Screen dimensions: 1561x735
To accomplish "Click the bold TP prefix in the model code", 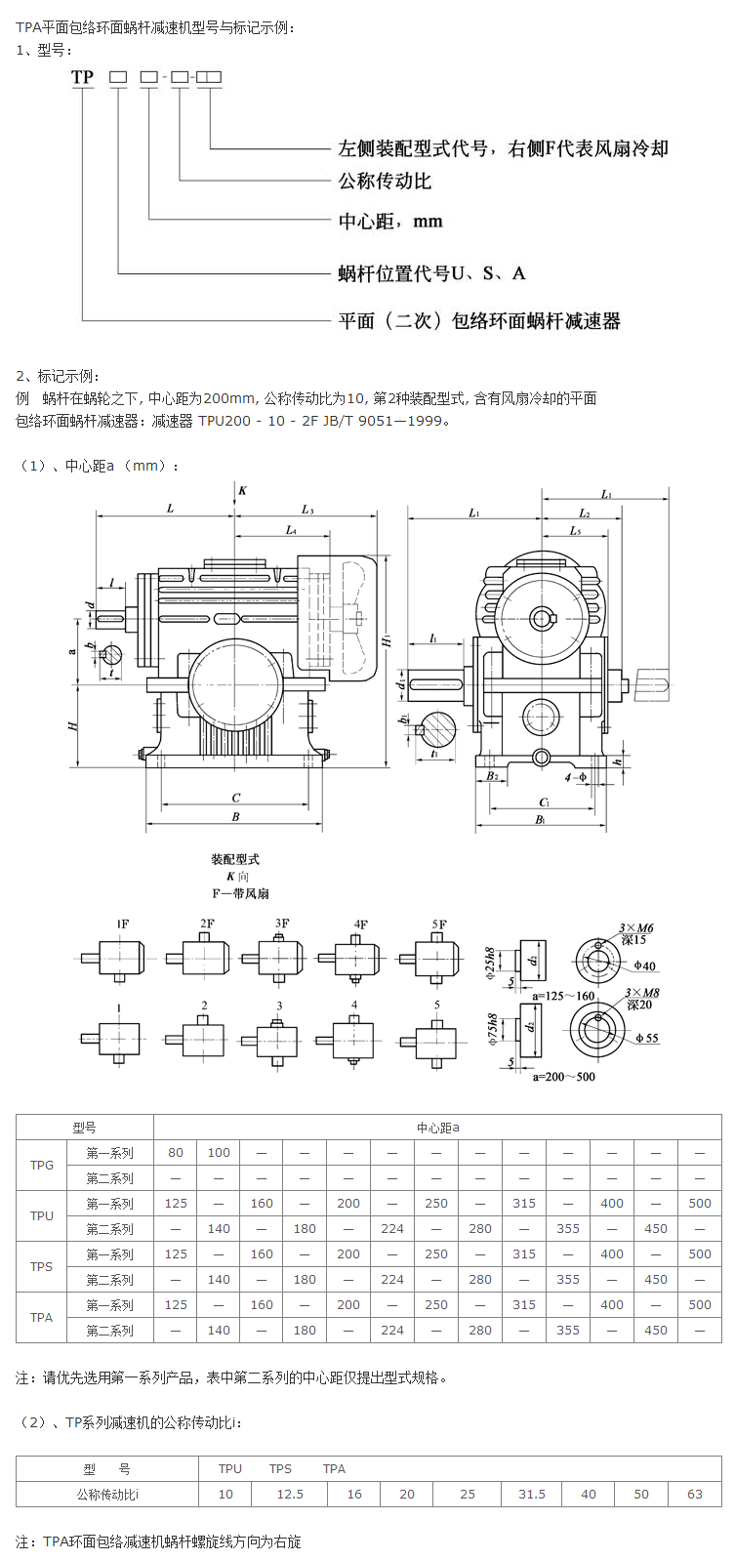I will click(x=82, y=77).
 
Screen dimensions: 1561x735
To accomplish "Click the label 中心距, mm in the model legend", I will click(x=390, y=222).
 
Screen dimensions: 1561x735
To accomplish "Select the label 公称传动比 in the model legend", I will click(x=385, y=181).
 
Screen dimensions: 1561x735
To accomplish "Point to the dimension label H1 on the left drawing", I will click(x=388, y=640).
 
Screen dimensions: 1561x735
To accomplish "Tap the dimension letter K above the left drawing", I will click(x=242, y=490).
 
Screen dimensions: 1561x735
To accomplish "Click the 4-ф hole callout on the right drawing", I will click(x=576, y=777).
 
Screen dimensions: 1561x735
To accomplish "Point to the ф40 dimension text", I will click(x=644, y=966).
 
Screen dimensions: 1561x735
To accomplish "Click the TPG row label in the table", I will click(x=42, y=1165).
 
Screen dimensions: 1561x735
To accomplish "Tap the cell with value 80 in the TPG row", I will click(x=176, y=1152).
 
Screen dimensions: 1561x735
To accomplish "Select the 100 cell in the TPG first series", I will click(x=219, y=1152).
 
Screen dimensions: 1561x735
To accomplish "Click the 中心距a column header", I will click(x=437, y=1128).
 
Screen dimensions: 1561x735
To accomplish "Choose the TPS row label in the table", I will click(x=42, y=1266).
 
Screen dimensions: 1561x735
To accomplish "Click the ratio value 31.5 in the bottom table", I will click(x=532, y=1494).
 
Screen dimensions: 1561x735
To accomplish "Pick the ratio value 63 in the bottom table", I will click(x=695, y=1494).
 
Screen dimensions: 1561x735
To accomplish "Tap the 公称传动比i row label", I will click(x=107, y=1494).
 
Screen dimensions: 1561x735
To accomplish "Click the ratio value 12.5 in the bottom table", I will click(x=290, y=1494).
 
